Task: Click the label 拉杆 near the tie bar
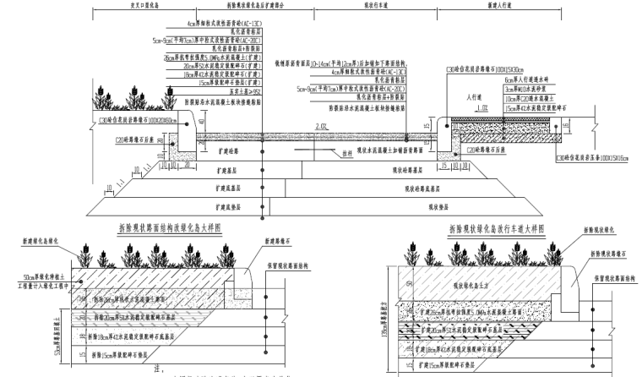tap(346, 153)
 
